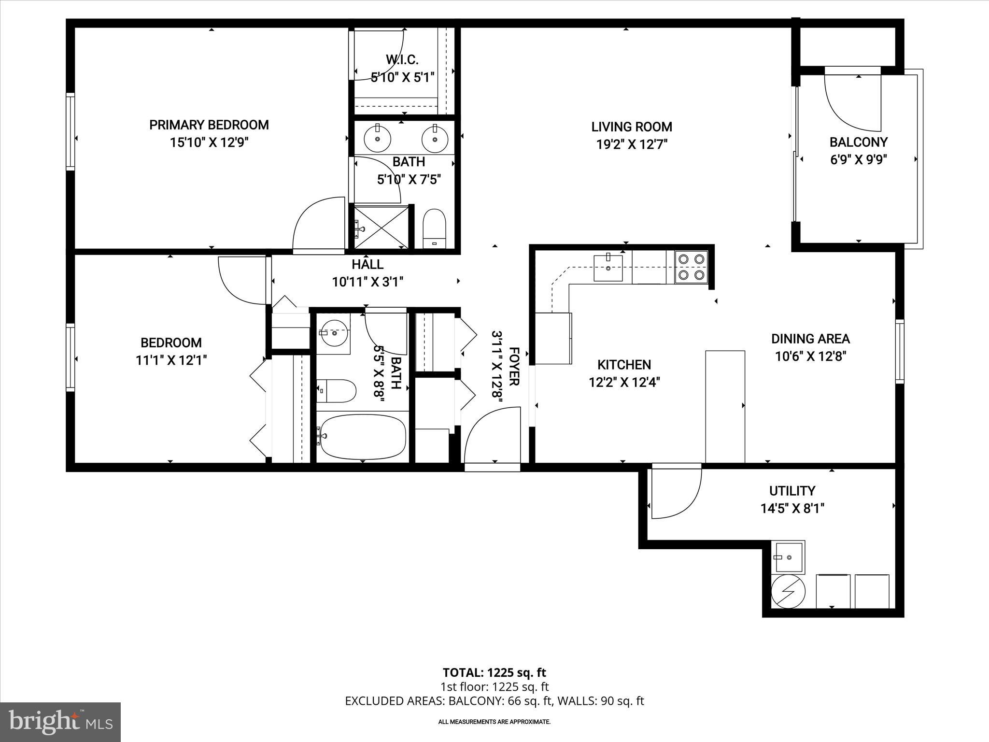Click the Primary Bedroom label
209,125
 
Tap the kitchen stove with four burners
691,267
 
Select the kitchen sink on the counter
608,268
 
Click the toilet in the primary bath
434,228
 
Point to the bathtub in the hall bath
363,437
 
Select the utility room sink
788,557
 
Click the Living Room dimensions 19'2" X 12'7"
632,144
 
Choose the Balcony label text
858,142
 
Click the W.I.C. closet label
402,60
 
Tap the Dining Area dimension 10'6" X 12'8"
810,357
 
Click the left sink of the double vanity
377,139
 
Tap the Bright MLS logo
60,722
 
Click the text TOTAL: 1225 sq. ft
494,672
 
